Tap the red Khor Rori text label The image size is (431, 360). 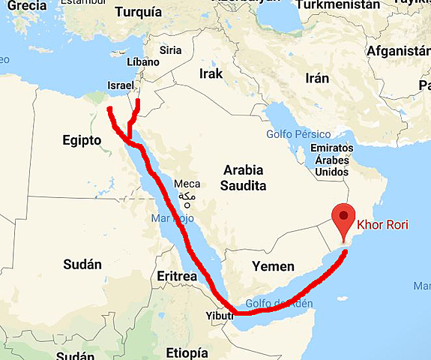[382, 224]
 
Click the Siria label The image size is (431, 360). [171, 50]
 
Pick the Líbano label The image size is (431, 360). [144, 62]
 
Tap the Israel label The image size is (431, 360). [121, 85]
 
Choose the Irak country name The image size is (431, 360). [212, 73]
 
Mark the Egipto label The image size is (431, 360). [81, 139]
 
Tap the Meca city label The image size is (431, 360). [187, 184]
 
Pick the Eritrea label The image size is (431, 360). [177, 277]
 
